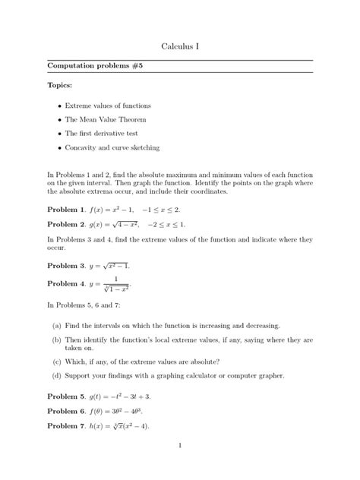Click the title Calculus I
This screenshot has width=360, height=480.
[x=180, y=47]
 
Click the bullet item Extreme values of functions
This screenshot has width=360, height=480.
[x=108, y=106]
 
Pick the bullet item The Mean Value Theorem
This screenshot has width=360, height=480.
[x=105, y=119]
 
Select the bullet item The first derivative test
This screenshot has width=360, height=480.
[x=102, y=133]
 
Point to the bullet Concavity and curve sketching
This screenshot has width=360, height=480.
[x=112, y=147]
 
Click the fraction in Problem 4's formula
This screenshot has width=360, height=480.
[x=116, y=284]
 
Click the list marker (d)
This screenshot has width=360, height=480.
[x=57, y=375]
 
